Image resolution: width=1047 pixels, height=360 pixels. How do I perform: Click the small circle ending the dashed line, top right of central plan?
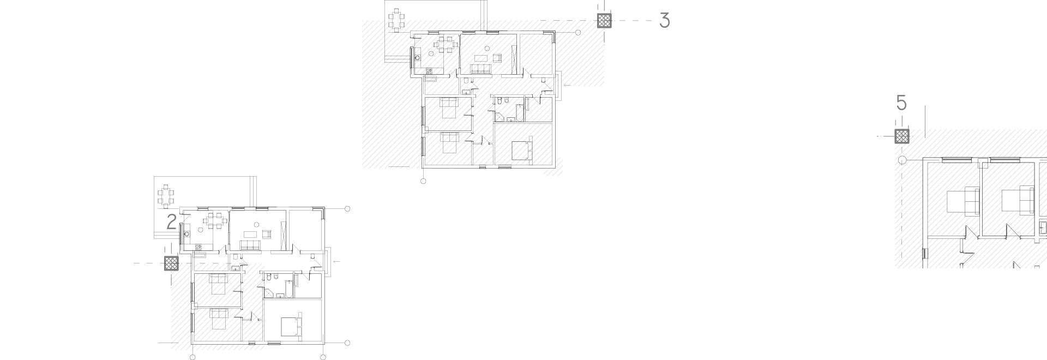click(579, 33)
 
